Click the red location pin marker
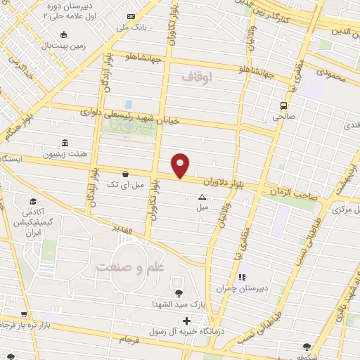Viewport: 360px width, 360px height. click(181, 166)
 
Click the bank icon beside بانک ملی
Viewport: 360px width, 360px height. click(131, 16)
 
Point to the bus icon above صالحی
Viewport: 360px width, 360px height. click(283, 106)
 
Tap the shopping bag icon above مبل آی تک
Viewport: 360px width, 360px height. click(125, 173)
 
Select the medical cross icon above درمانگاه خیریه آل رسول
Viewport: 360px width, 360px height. click(186, 321)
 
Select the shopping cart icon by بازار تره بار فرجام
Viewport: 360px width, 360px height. click(24, 314)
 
